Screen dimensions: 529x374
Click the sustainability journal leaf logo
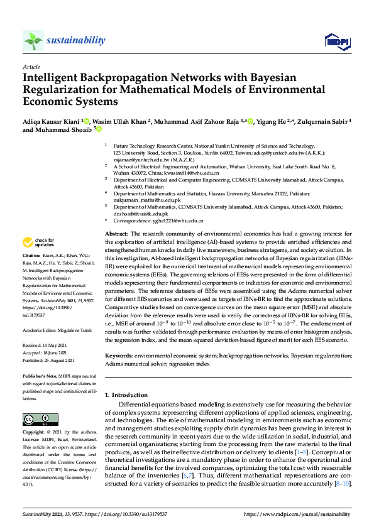click(33, 40)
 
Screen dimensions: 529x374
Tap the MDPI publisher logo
click(337, 41)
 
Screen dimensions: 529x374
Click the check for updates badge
click(38, 243)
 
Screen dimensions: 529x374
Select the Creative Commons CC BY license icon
click(36, 419)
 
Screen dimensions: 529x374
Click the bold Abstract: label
click(116, 234)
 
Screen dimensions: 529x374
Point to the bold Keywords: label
click(118, 356)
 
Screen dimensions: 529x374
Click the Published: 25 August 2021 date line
click(48, 342)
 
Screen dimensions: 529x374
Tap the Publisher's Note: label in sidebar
click(37, 358)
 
